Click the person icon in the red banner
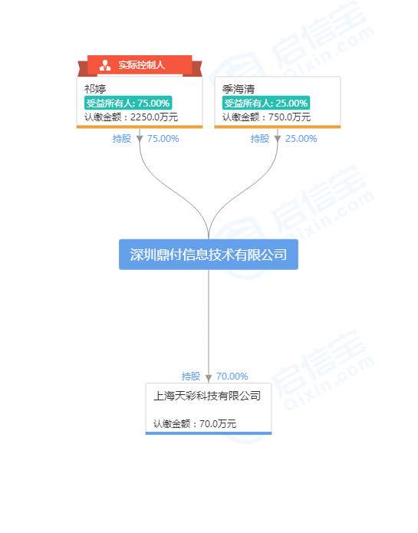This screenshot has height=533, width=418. [x=105, y=65]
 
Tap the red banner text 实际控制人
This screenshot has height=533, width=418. [x=141, y=65]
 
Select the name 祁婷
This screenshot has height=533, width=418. [x=95, y=89]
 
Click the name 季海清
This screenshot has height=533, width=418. [x=239, y=89]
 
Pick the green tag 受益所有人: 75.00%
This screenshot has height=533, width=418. [x=128, y=103]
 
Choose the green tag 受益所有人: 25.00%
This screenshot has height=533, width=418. [x=266, y=103]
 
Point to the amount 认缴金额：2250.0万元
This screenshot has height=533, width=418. [x=131, y=117]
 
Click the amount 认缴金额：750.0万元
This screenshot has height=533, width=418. [x=266, y=117]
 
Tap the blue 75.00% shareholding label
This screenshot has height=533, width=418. [x=163, y=139]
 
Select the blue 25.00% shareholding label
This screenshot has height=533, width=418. [x=301, y=139]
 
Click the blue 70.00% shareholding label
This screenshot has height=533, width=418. [x=232, y=377]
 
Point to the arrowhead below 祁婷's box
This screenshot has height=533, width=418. [x=140, y=139]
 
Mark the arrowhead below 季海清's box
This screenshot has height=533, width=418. [x=278, y=139]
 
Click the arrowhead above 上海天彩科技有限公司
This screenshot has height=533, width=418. [x=209, y=378]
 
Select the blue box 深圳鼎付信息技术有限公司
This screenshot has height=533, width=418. [x=209, y=255]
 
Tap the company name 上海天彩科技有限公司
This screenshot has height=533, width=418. [x=207, y=396]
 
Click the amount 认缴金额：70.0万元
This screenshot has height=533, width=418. [x=195, y=423]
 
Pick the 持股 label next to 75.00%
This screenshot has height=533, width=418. [x=122, y=139]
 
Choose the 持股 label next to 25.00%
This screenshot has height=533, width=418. [x=260, y=139]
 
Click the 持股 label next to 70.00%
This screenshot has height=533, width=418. [x=191, y=377]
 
